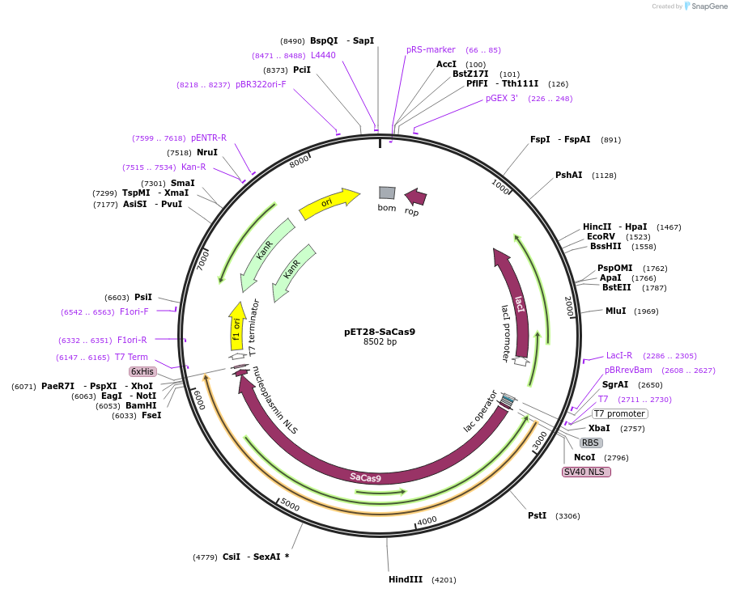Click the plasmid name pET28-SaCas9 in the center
pos(380,331)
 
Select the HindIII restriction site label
pos(406,579)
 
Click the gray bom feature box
pos(387,193)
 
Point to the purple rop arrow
pos(415,197)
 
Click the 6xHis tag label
pos(142,371)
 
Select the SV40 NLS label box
pos(586,472)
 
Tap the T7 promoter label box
pos(619,413)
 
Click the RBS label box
pos(591,443)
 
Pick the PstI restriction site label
pos(537,515)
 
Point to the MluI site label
pos(615,311)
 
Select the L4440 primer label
pos(323,55)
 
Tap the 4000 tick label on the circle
pos(427,520)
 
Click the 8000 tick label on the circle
pos(300,160)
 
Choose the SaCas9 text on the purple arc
pos(366,477)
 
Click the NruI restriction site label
pos(207,152)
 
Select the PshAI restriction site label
pos(568,175)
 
